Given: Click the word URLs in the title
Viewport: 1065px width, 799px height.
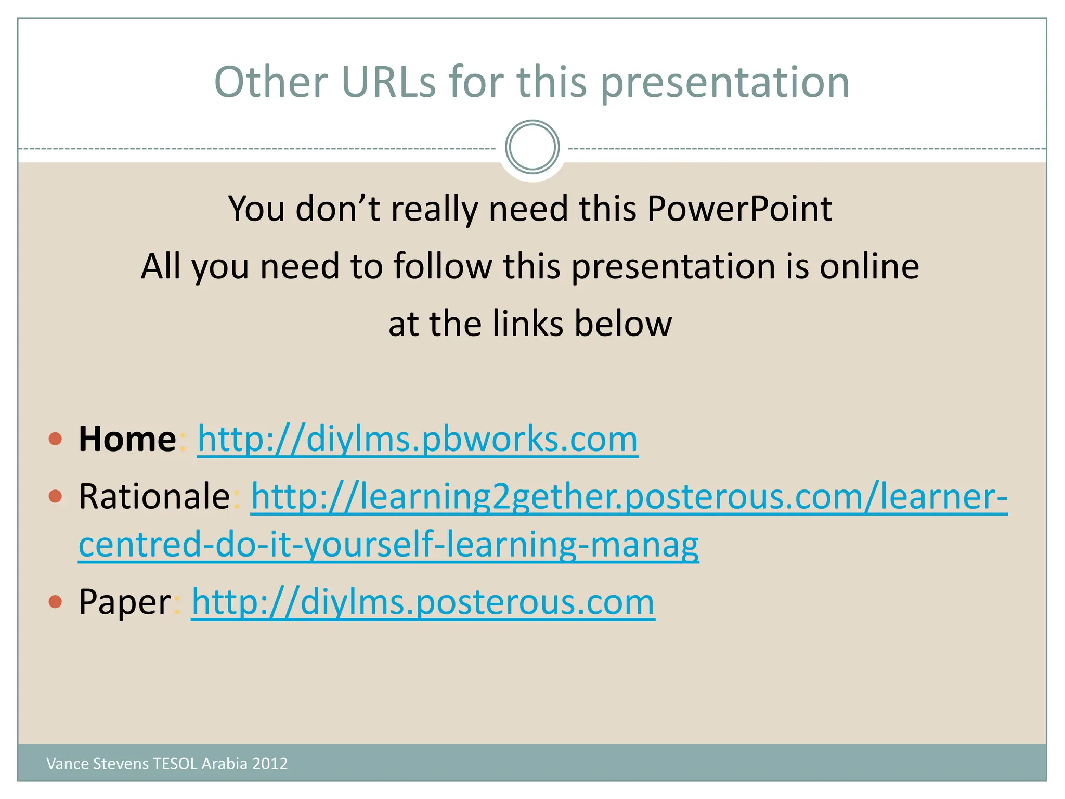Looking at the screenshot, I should point(388,82).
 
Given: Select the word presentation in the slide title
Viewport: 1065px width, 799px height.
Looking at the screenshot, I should point(725,83).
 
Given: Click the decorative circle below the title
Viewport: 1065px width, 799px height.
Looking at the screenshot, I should point(532,147).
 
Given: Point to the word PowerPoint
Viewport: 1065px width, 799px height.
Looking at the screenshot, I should point(739,209).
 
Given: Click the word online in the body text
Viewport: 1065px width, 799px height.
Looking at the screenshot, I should point(869,266).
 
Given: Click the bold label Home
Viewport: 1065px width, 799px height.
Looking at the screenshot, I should point(127,440).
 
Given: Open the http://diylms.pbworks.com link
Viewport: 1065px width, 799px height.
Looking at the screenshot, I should point(418,440).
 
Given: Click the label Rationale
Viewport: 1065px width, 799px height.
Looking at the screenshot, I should point(154,496).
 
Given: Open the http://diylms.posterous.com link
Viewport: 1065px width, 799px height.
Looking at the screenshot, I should point(423,602).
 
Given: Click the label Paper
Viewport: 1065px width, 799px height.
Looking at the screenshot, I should point(125,602).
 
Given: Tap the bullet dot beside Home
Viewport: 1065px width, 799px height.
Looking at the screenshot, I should point(55,439).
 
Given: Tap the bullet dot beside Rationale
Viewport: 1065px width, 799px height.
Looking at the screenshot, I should point(55,496).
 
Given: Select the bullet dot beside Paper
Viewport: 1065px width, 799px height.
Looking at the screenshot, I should point(55,602).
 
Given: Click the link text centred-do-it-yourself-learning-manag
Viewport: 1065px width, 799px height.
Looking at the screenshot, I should point(388,545).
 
